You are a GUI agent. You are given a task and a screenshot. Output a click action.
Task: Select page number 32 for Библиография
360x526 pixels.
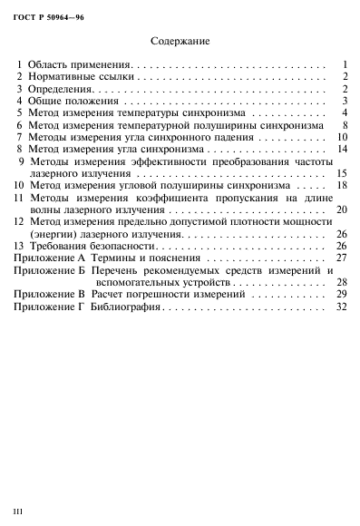(x=342, y=307)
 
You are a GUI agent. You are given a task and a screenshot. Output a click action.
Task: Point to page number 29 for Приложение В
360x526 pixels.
(x=342, y=295)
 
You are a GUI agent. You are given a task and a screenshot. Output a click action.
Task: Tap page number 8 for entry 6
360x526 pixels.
(x=345, y=125)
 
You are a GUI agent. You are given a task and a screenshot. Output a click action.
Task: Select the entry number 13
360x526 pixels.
(x=20, y=246)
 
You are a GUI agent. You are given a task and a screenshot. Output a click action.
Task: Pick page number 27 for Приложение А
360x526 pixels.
(x=342, y=258)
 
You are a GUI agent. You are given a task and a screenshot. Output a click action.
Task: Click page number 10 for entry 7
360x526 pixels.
(x=342, y=137)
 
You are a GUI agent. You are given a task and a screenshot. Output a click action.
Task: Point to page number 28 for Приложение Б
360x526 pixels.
(x=342, y=282)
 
